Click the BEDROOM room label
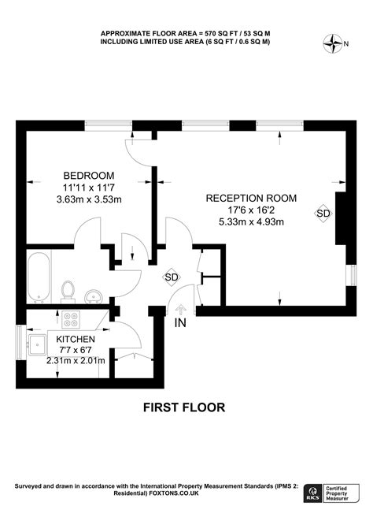point(89,175)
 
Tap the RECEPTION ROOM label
point(251,199)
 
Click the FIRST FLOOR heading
point(184,407)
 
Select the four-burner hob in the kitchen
point(72,320)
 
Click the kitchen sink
point(37,343)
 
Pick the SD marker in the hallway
point(172,277)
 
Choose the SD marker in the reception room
point(323,213)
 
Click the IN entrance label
point(180,322)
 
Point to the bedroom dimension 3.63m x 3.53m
point(89,200)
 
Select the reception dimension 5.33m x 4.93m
point(251,222)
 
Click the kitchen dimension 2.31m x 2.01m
point(76,363)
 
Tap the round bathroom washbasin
point(91,296)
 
